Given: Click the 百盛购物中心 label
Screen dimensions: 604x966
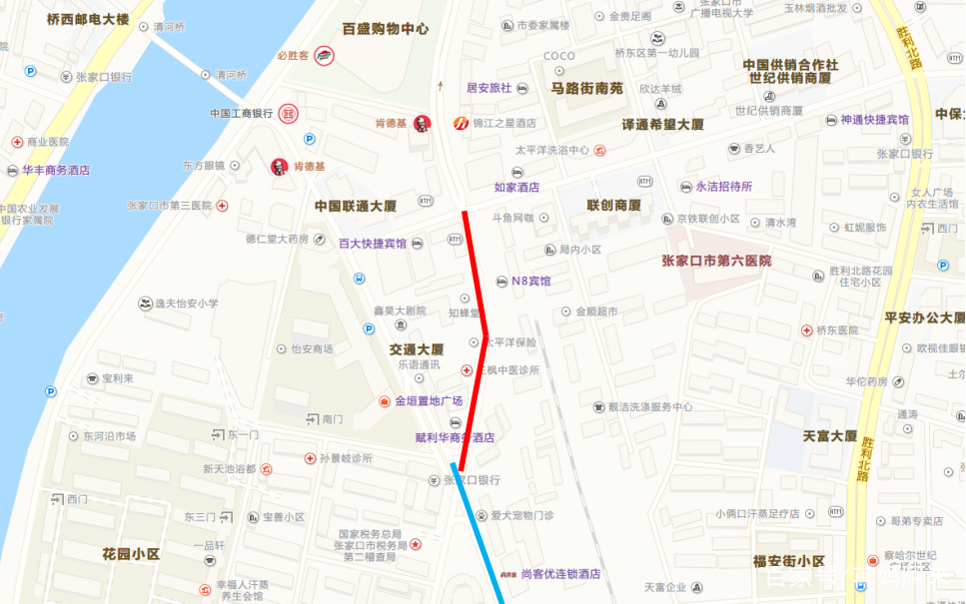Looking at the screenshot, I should click(385, 29).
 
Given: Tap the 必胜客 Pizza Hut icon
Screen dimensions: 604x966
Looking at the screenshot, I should click(323, 56).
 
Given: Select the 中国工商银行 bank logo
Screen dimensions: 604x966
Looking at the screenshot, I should click(289, 114).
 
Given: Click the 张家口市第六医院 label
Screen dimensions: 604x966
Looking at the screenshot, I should click(716, 262).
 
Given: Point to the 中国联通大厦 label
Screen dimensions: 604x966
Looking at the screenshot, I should click(356, 207).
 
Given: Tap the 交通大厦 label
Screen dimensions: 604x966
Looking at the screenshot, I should click(417, 349).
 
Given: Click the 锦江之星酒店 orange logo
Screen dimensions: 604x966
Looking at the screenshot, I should click(461, 124).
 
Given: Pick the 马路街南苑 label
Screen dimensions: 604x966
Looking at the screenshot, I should click(586, 88).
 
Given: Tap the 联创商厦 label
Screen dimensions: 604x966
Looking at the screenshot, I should click(613, 206).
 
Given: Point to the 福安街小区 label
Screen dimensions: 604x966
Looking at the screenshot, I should click(788, 560).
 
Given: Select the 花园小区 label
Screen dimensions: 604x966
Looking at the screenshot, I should click(131, 553).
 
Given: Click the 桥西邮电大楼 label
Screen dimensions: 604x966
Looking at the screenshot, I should click(88, 19).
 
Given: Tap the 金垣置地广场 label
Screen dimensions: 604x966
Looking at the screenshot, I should click(429, 401).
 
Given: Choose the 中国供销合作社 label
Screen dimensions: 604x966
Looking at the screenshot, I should click(790, 65).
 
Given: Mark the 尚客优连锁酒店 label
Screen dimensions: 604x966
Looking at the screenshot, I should click(560, 574).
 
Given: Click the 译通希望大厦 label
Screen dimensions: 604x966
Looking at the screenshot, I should click(663, 125).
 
